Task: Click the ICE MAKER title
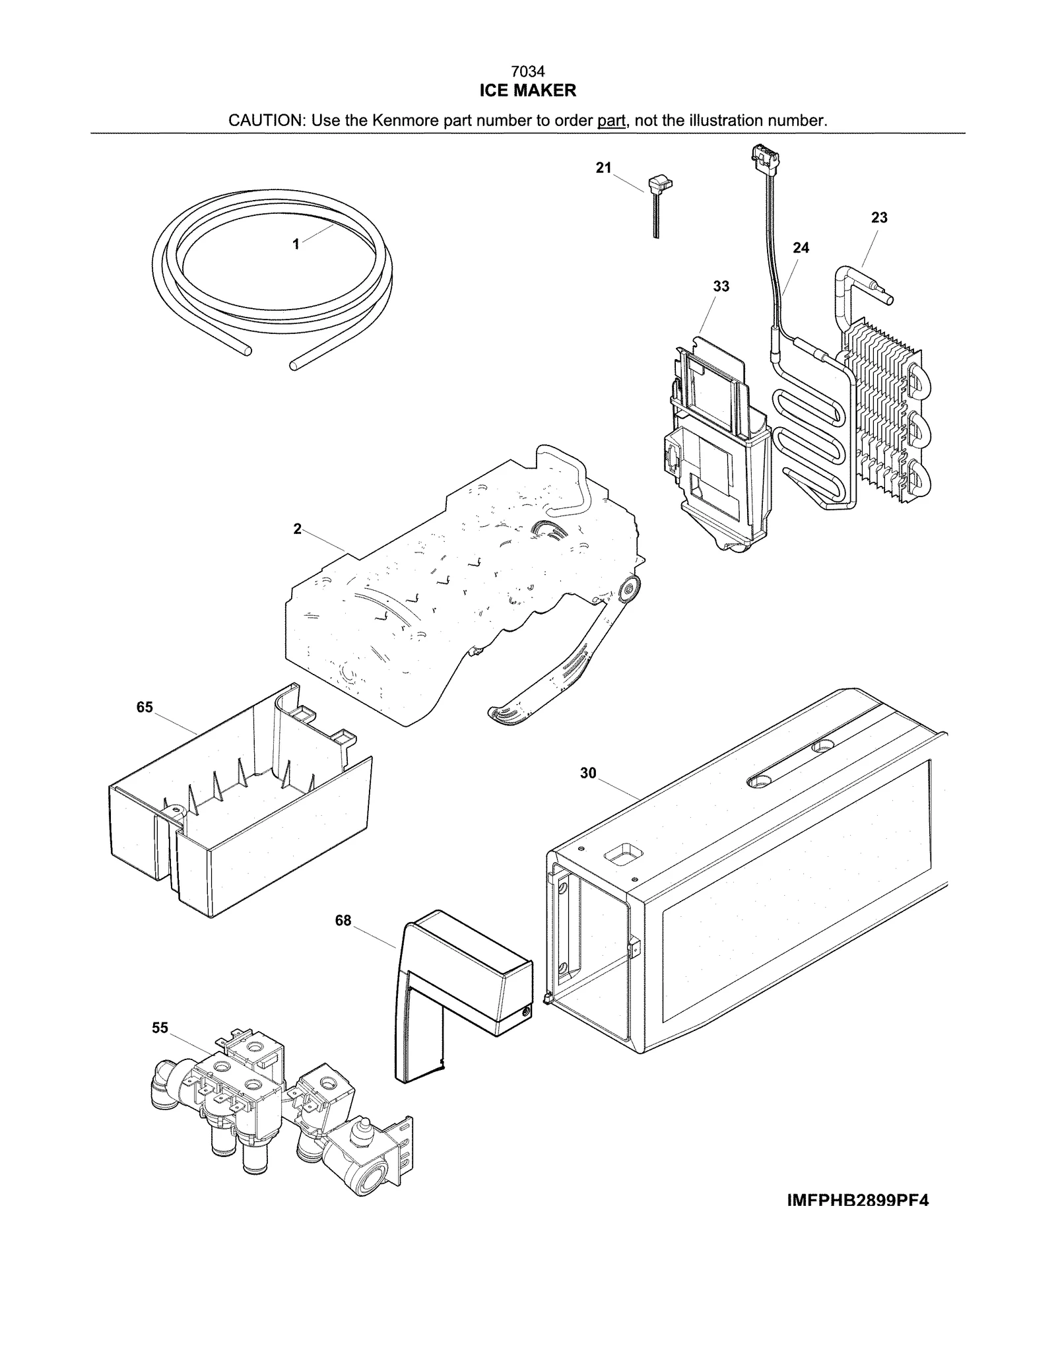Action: [527, 90]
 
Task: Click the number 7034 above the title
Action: [527, 71]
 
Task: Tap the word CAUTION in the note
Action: [265, 121]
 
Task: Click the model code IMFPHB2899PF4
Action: [857, 1201]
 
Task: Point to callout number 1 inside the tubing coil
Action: [296, 244]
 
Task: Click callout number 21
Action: [603, 168]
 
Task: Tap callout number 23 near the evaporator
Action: [879, 218]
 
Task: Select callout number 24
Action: [801, 248]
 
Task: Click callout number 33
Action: [721, 286]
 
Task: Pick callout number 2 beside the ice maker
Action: [298, 529]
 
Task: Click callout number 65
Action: [145, 708]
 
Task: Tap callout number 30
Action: [588, 773]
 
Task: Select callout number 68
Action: [343, 920]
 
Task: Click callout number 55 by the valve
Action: [160, 1028]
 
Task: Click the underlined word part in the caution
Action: [610, 121]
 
